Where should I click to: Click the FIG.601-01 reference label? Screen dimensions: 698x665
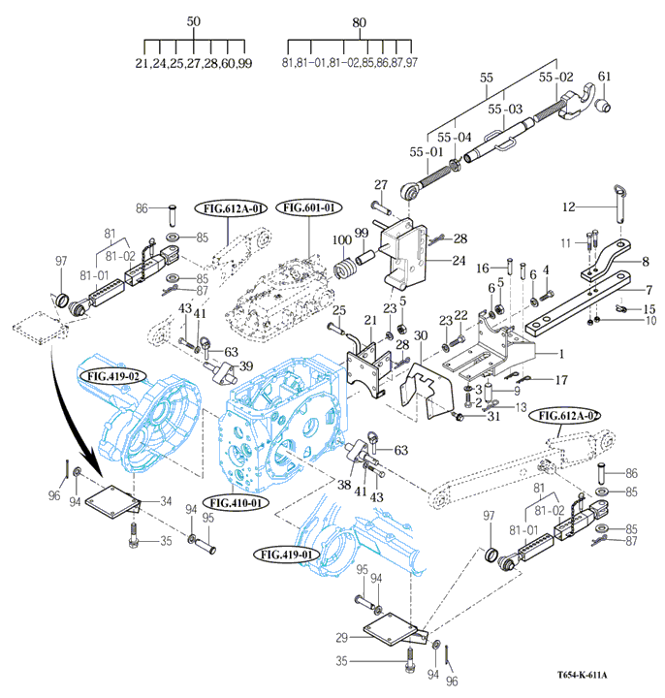(x=309, y=207)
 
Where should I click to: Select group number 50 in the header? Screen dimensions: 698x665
(x=193, y=21)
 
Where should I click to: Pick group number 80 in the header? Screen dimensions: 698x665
(x=359, y=21)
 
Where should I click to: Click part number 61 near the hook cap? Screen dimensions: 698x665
(x=605, y=77)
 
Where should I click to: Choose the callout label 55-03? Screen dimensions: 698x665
(x=504, y=109)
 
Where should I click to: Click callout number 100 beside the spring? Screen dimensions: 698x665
(x=341, y=239)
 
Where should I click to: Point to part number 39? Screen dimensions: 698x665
(x=246, y=366)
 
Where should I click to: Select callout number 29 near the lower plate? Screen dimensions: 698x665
(x=341, y=637)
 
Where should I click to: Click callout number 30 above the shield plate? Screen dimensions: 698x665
(x=420, y=336)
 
